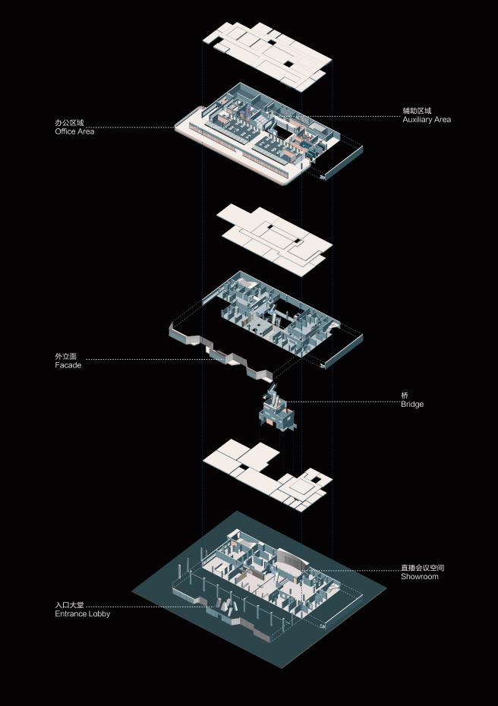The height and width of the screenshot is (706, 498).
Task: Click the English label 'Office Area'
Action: (74, 132)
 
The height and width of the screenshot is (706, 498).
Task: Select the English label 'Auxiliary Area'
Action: (427, 120)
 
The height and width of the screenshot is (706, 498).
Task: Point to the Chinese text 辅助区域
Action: (417, 111)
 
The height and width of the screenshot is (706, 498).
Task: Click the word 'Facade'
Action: (68, 365)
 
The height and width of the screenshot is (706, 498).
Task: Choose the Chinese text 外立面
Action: (66, 356)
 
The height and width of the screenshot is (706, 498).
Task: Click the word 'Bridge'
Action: (412, 405)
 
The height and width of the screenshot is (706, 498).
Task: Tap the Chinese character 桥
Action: (405, 396)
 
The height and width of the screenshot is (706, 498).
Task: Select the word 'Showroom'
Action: (420, 577)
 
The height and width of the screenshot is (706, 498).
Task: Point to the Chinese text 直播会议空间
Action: (423, 568)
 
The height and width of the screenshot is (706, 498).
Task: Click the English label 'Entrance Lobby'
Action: (82, 613)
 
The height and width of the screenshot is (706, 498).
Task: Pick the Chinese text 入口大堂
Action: (69, 604)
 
